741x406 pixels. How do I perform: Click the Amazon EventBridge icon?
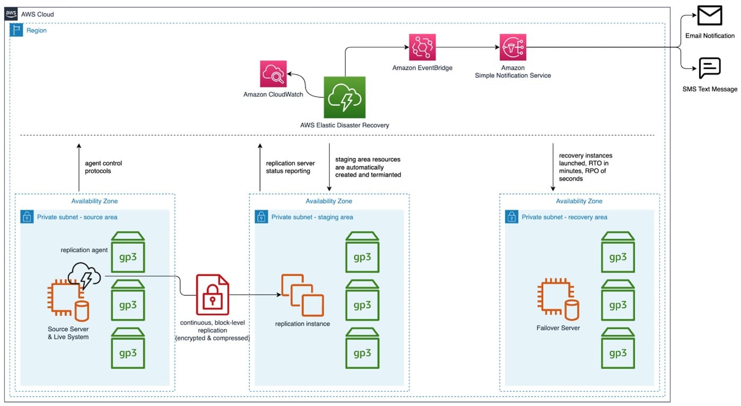422,47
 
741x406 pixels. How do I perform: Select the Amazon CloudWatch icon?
273,74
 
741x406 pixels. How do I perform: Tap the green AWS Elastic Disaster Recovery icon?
344,97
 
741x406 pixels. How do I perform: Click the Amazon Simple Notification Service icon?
512,47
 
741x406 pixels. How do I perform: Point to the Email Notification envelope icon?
709,16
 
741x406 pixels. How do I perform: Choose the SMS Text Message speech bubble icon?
709,68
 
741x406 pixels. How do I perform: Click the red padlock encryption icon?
212,295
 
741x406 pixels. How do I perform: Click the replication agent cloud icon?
84,275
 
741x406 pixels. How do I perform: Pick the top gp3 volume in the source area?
128,252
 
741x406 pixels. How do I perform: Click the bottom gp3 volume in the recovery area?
617,349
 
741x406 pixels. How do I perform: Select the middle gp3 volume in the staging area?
362,300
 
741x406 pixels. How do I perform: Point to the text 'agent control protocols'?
103,167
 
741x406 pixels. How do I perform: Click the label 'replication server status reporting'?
290,167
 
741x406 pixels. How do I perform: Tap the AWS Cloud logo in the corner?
11,14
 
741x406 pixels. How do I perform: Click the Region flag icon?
16,30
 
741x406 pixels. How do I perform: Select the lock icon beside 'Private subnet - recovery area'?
511,217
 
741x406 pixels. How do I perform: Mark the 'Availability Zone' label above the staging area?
329,201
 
